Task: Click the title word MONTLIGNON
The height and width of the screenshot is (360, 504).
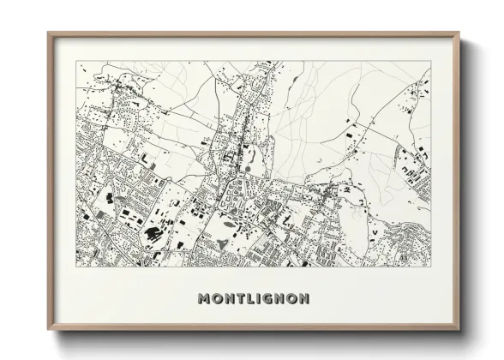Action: (254, 299)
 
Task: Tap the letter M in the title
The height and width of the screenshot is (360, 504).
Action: (204, 299)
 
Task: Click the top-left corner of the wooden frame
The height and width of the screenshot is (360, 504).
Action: (48, 33)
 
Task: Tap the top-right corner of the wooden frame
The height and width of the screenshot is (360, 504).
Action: (459, 33)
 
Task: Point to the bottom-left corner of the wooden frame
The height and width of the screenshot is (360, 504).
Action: (48, 331)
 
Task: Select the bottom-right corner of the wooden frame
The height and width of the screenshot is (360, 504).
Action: (459, 331)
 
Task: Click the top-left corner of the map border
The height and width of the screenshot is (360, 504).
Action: (76, 61)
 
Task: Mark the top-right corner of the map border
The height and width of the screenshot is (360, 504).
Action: (430, 61)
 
